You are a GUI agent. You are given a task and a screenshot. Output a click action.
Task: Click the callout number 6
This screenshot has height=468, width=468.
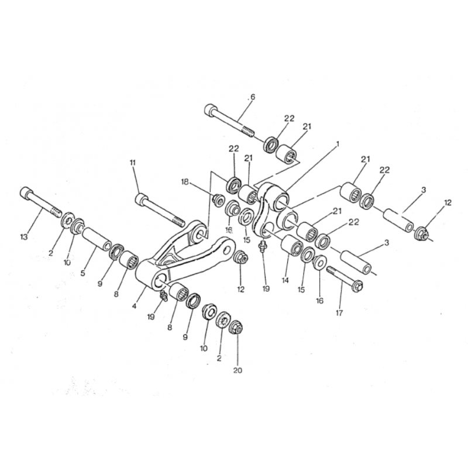click(253, 97)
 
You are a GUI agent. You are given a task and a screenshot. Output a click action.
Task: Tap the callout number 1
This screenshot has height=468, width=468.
click(338, 144)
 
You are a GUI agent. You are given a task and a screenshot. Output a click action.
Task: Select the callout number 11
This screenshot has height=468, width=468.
click(133, 163)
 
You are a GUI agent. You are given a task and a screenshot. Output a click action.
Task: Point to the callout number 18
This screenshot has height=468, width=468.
click(185, 181)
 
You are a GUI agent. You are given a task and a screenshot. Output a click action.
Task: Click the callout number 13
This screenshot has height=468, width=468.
click(24, 237)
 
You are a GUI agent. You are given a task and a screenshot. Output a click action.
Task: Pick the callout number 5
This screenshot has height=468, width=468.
click(82, 273)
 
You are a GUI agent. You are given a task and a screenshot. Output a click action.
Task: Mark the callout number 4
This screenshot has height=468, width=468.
click(135, 306)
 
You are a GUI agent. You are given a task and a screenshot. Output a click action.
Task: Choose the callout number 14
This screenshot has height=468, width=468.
click(285, 280)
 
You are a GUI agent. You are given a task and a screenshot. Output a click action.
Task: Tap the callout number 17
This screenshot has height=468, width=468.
click(339, 313)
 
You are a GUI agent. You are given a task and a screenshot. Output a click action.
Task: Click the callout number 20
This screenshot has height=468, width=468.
click(238, 370)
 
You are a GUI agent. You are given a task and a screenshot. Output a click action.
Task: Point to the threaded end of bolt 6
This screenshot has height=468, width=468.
click(247, 131)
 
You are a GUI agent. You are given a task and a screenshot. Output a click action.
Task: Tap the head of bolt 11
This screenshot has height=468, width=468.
click(141, 199)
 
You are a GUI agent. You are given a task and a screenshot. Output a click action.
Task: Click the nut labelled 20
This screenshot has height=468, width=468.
click(237, 328)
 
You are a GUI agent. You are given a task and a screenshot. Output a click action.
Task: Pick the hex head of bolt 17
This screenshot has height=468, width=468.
click(357, 286)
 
